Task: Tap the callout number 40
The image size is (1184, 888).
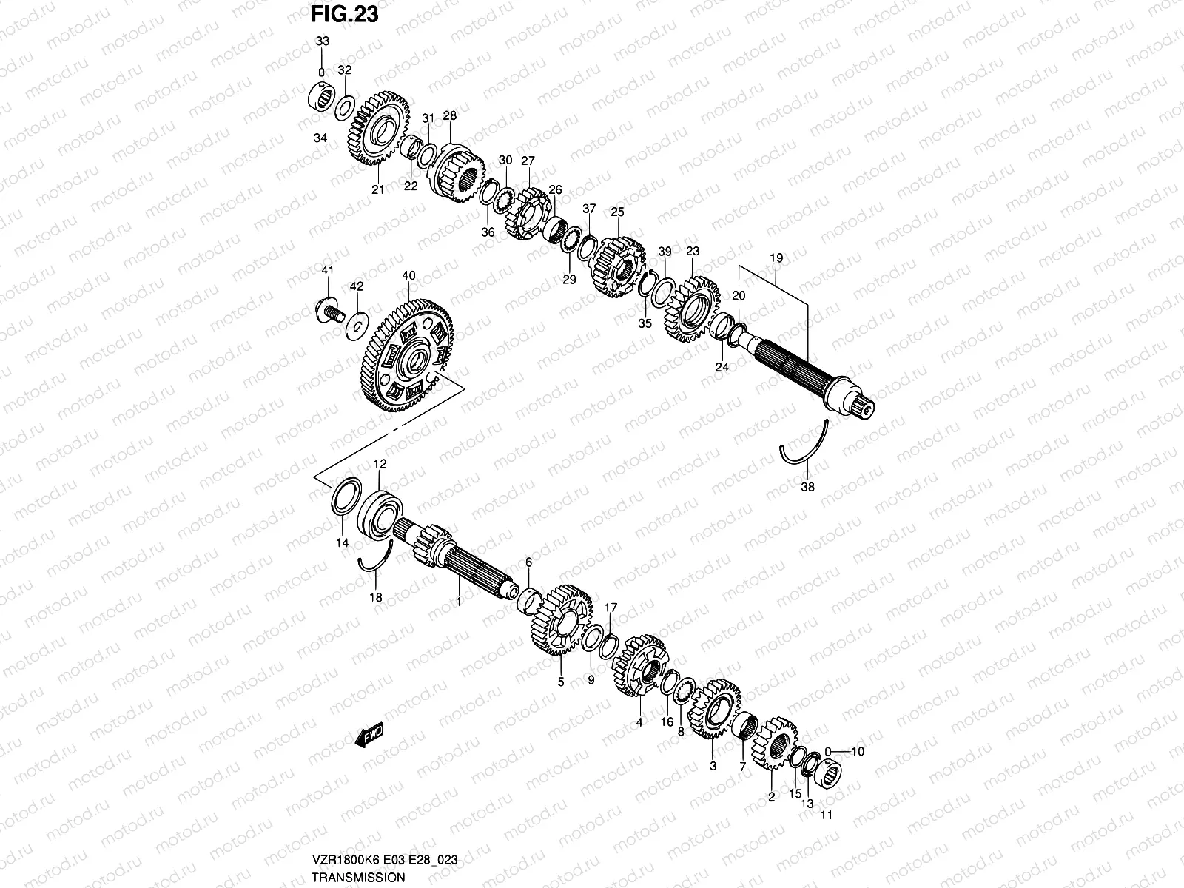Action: [x=408, y=276]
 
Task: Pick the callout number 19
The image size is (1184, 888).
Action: [x=776, y=258]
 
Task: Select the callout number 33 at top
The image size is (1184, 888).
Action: [x=321, y=42]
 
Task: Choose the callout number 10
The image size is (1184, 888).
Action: [x=857, y=751]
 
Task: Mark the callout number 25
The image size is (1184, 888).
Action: [x=617, y=212]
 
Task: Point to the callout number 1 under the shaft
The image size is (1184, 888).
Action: [x=459, y=602]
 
